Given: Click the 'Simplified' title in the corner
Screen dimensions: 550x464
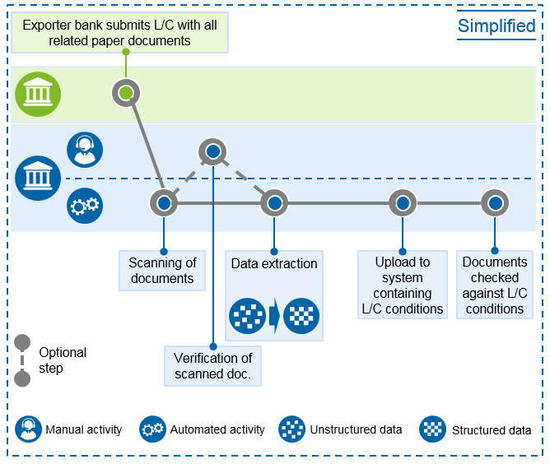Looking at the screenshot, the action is tap(496, 26).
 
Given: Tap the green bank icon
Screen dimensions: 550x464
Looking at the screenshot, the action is tap(38, 95).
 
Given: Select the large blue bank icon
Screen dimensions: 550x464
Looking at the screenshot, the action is tap(38, 178).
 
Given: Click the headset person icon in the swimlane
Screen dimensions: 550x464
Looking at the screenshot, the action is tap(85, 150).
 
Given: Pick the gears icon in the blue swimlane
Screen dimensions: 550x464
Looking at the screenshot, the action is tap(85, 206).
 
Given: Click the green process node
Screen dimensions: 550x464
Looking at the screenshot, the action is tap(126, 93).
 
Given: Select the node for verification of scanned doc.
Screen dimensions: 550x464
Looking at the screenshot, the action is tap(212, 151).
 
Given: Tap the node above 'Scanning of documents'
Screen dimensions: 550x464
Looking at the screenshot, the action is tap(164, 203).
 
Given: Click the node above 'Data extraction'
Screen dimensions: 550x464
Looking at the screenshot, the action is tap(274, 203).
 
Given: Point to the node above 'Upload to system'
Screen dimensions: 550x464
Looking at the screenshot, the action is tap(403, 203).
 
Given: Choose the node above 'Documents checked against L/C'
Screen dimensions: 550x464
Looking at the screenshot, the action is tap(495, 203).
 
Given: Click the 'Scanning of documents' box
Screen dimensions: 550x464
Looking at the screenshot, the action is tap(162, 271).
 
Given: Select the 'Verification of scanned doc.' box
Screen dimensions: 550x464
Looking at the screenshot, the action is tap(213, 366).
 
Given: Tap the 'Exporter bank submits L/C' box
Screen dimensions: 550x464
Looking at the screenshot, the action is tap(120, 33).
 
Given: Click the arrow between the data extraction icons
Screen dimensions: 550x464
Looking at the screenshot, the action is tap(275, 316).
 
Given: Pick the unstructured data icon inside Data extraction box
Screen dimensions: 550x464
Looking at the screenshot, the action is tap(247, 316).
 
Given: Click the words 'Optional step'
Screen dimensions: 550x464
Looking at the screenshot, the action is tap(63, 360).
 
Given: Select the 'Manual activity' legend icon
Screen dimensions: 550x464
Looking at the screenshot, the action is tap(29, 429).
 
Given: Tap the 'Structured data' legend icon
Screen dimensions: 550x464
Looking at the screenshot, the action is tap(433, 429).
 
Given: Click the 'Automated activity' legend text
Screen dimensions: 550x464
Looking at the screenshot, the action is tap(217, 429).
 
